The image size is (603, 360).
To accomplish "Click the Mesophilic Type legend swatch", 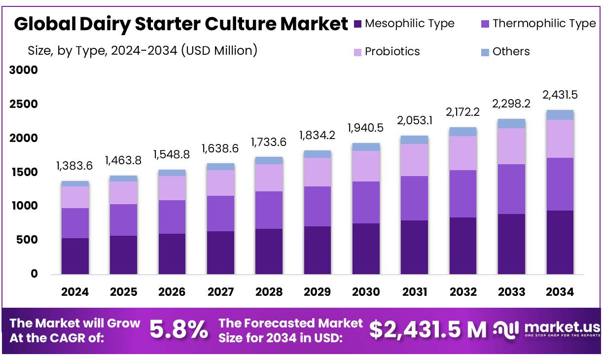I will (x=358, y=23).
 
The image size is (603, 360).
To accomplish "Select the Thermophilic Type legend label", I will (x=544, y=23).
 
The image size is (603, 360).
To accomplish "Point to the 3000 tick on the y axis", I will (x=24, y=71).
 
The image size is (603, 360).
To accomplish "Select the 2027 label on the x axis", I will (x=220, y=292).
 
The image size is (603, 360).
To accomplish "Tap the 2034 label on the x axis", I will (x=560, y=292).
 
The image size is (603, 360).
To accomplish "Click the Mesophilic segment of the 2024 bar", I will (x=75, y=256).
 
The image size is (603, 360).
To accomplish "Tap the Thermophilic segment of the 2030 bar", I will (x=366, y=202).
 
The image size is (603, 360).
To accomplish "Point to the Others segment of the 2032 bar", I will (x=463, y=131).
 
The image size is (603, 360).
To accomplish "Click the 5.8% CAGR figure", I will (x=178, y=330).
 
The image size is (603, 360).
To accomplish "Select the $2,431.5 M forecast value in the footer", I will (x=427, y=330).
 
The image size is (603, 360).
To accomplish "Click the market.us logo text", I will (x=562, y=327).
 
